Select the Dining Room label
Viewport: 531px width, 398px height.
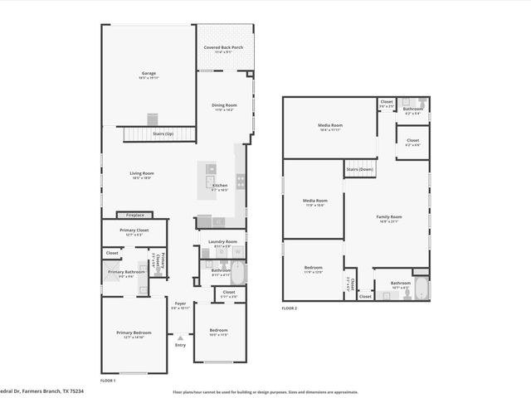pos(224,106)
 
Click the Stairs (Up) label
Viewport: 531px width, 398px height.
pos(162,133)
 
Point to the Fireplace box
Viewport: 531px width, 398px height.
pos(134,215)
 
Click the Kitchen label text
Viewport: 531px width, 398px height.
pos(220,186)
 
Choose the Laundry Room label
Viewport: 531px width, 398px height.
pos(222,243)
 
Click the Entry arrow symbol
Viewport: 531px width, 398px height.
pos(180,337)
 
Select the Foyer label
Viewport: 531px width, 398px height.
pos(180,305)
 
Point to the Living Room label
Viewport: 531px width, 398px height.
pos(142,174)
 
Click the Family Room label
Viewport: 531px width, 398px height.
pos(389,217)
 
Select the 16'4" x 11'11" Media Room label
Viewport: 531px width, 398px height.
pos(329,127)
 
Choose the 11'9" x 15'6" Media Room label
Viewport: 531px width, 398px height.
pos(314,201)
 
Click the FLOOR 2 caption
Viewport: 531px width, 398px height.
pos(289,308)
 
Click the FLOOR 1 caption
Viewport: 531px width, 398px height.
pos(108,380)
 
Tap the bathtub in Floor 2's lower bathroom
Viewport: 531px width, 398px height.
pos(421,290)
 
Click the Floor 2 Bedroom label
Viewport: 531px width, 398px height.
pos(313,269)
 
